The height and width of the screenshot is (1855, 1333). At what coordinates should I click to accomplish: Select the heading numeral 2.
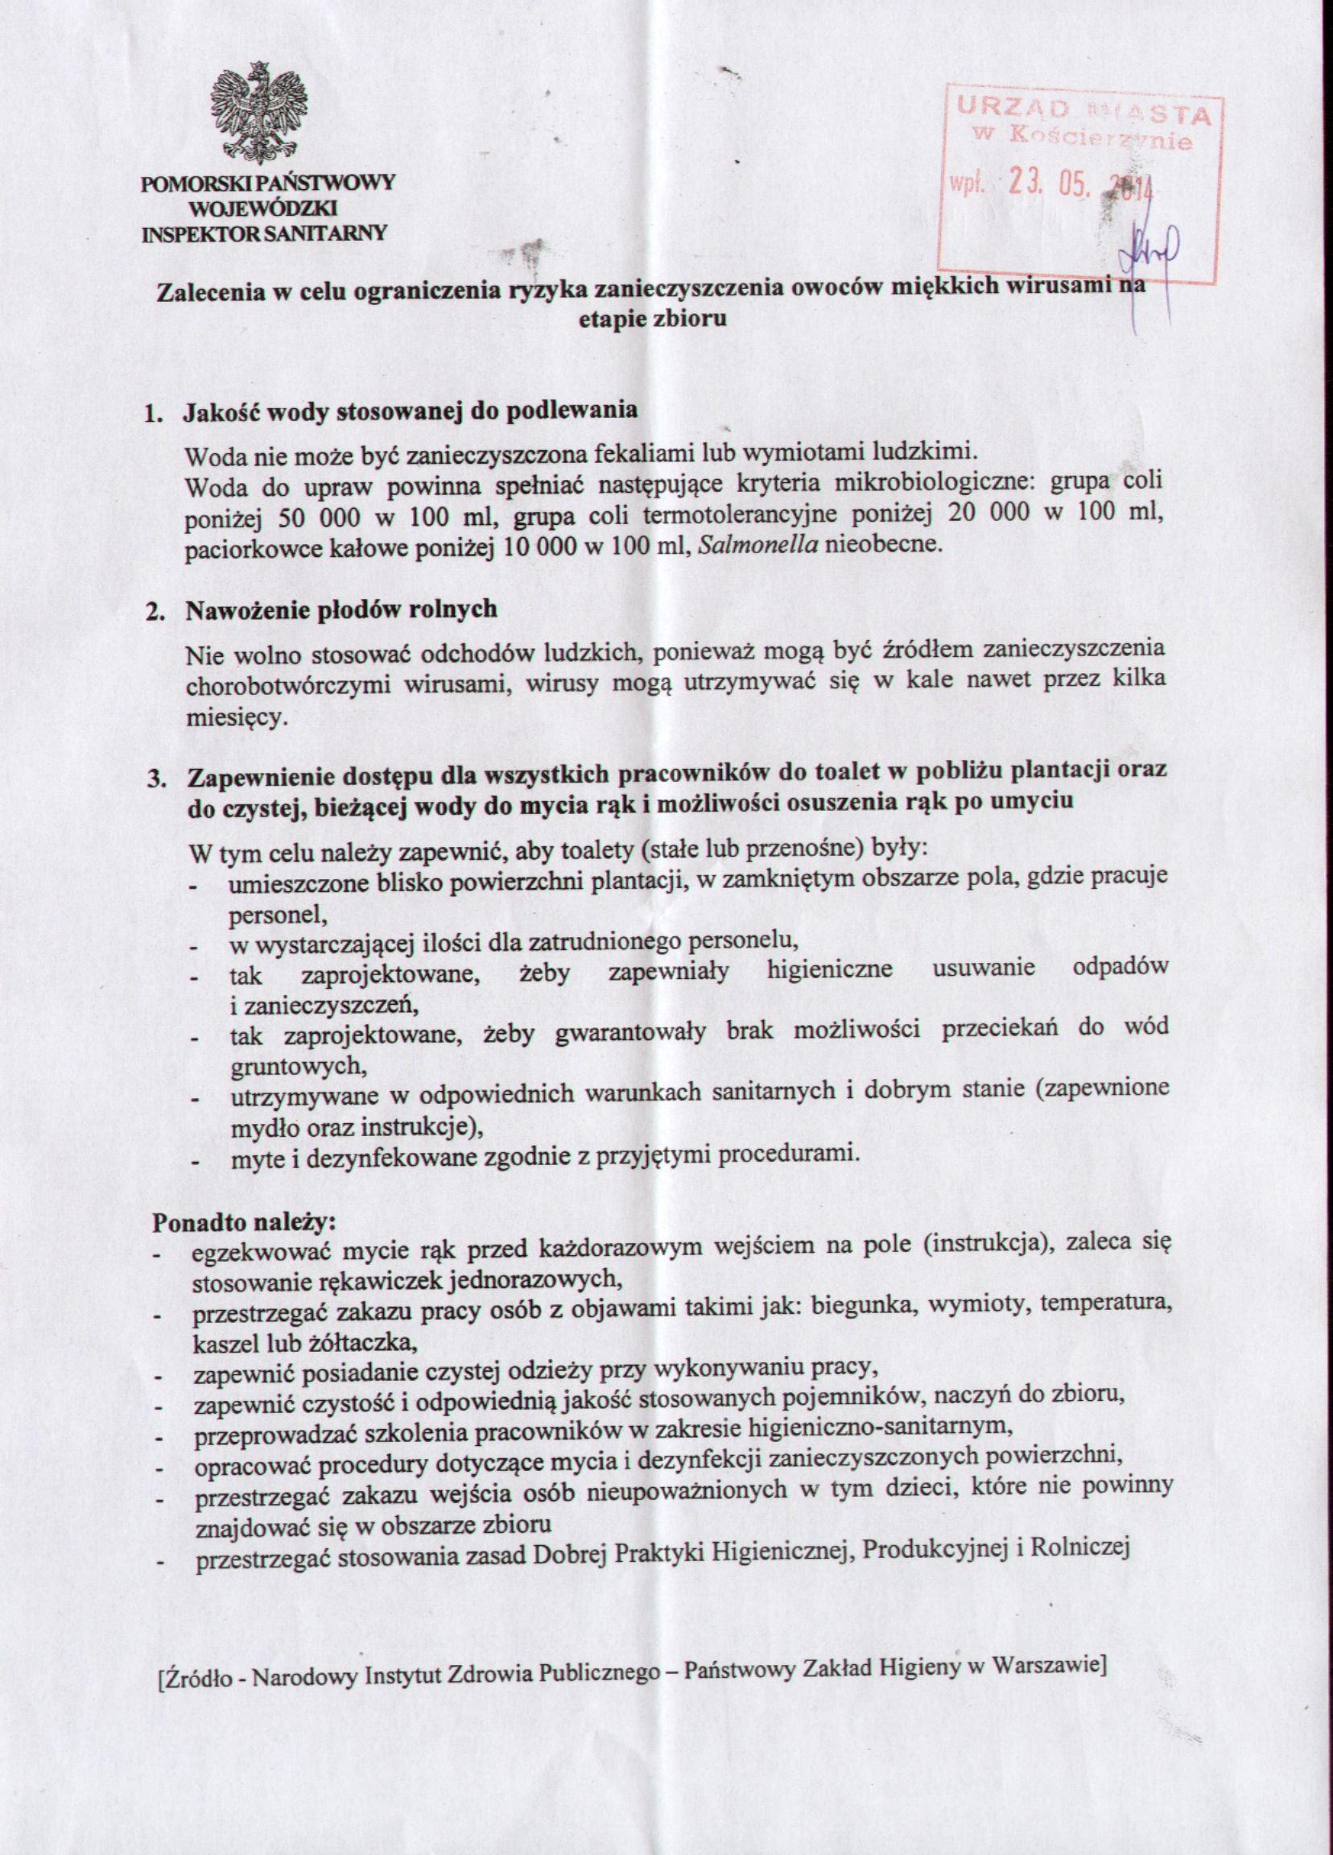(153, 614)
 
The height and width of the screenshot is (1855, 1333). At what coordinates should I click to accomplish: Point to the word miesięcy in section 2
(225, 717)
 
